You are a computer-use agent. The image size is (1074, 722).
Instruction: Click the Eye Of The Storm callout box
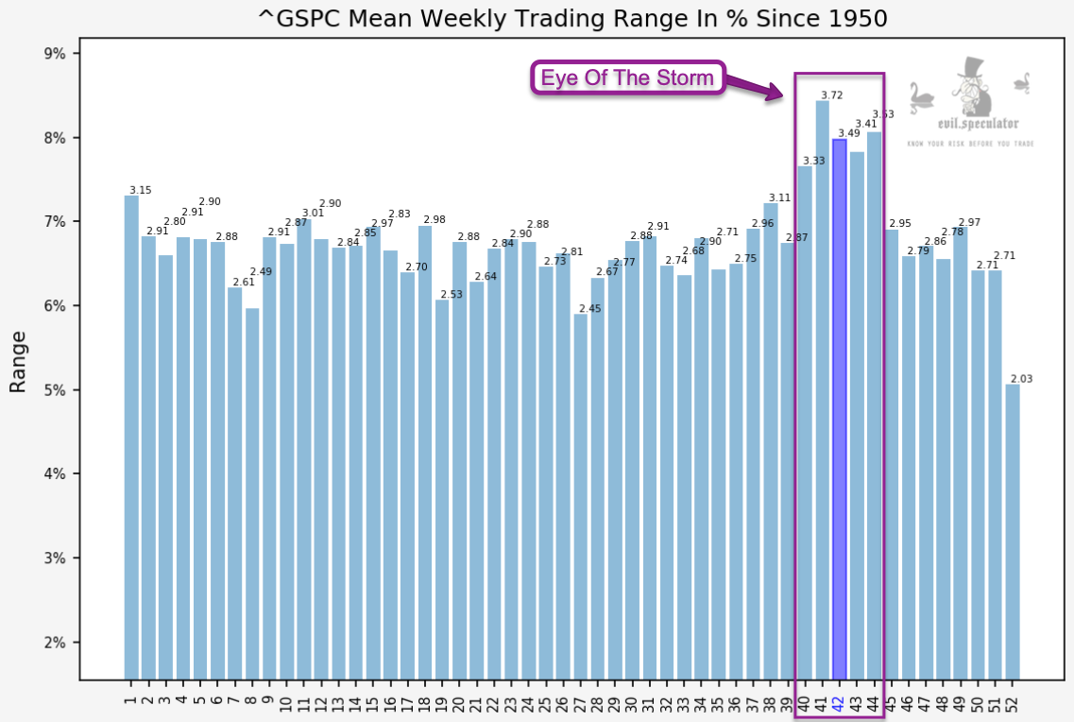click(627, 77)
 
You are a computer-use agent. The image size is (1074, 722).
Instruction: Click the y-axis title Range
click(18, 362)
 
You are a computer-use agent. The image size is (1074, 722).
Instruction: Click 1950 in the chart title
click(857, 18)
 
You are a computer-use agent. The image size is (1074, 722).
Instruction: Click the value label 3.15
click(139, 190)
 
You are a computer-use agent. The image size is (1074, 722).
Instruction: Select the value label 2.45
click(589, 309)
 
